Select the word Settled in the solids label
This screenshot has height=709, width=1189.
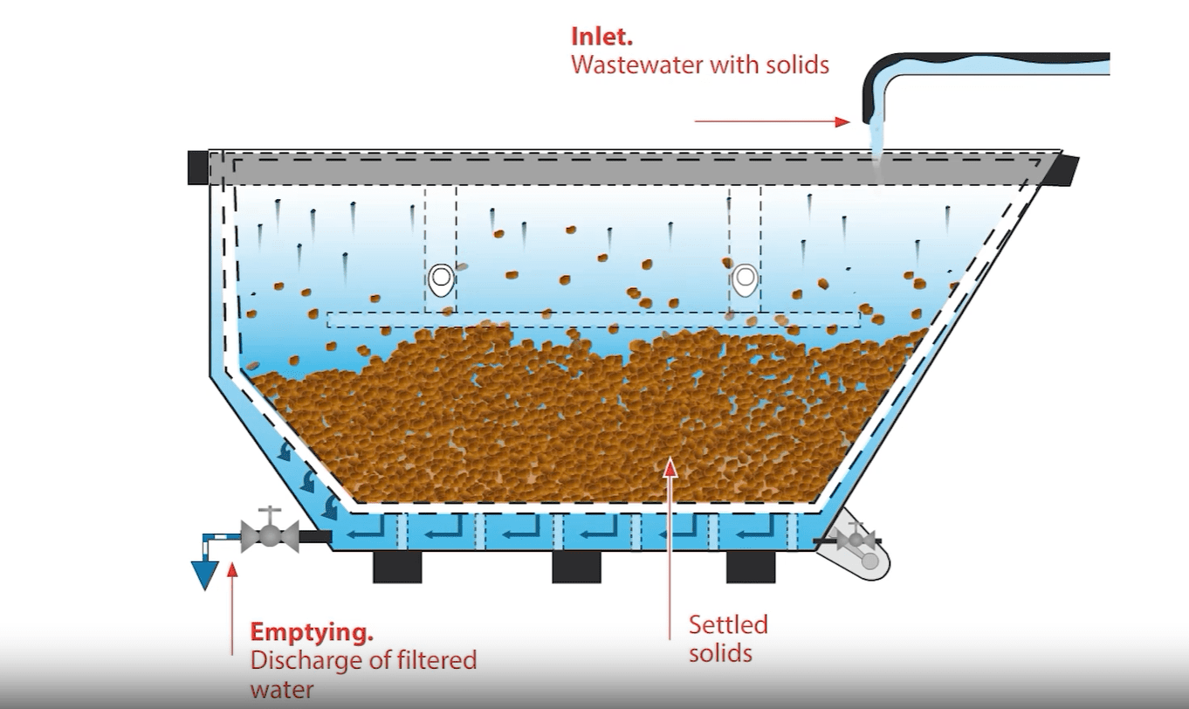tap(728, 625)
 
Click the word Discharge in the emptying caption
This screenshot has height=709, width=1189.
tap(305, 659)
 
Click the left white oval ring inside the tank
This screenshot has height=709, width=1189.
tap(442, 279)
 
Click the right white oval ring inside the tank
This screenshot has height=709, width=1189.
tap(744, 279)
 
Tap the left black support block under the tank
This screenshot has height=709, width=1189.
tap(397, 568)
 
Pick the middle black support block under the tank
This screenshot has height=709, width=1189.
tap(577, 568)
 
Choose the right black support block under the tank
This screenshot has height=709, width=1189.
tap(751, 568)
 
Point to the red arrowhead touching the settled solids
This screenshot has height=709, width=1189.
tap(670, 466)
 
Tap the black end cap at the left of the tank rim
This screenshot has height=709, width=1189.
tap(197, 167)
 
